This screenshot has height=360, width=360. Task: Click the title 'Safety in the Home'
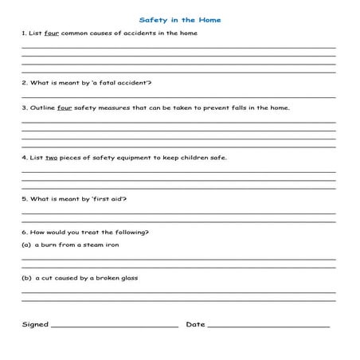click(x=180, y=19)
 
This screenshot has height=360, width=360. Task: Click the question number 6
click(x=24, y=233)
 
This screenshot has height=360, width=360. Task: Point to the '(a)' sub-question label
click(x=26, y=245)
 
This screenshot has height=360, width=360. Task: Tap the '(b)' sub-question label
click(x=26, y=279)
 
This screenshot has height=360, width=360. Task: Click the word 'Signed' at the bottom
click(x=35, y=324)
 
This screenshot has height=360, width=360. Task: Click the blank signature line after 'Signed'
click(x=115, y=327)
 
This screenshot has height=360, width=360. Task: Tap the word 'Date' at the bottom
click(x=195, y=324)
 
